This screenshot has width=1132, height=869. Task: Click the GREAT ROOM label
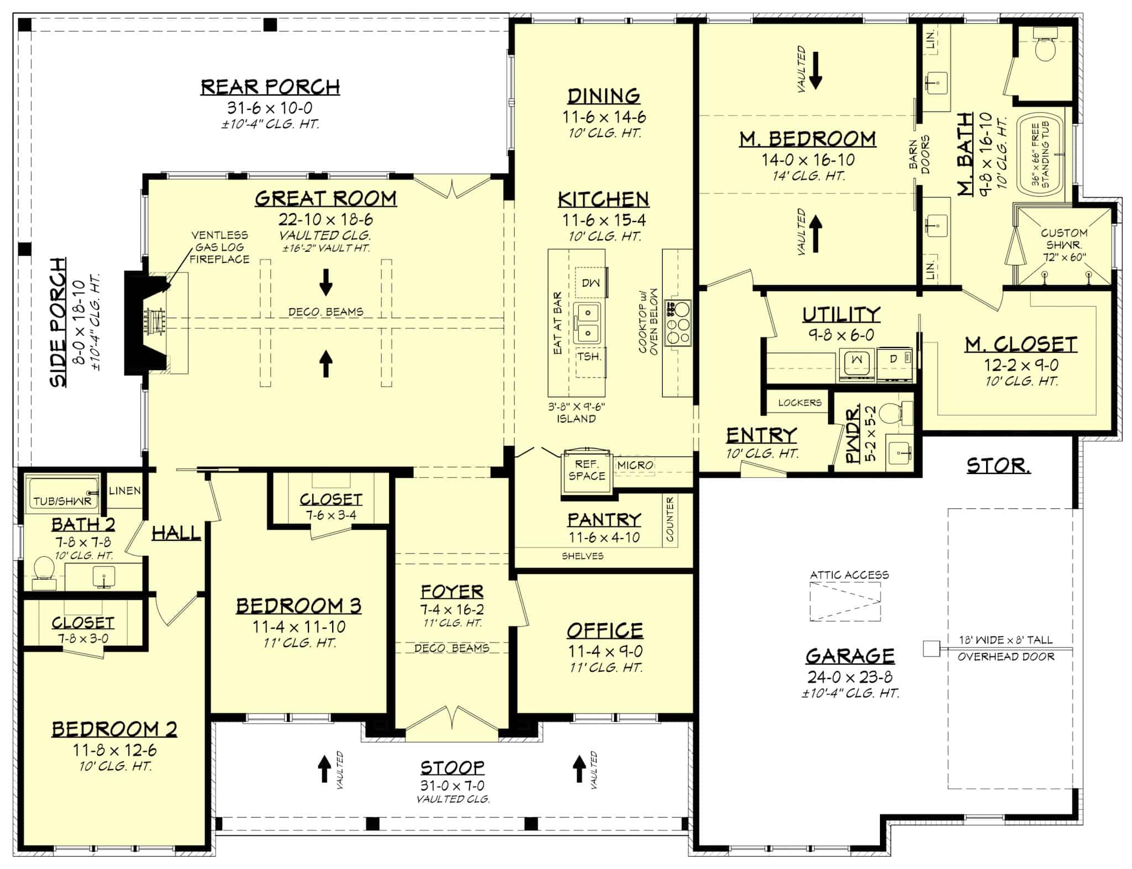[326, 198]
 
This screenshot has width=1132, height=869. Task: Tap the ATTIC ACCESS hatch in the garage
[845, 601]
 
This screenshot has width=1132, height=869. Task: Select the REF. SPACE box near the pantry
[586, 470]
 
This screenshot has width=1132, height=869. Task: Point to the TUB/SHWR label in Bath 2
[62, 502]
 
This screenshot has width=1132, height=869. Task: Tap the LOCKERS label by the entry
[799, 403]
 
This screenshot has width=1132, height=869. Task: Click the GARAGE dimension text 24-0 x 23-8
[850, 677]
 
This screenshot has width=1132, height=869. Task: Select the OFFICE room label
[605, 631]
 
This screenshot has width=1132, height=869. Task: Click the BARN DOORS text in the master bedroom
[920, 155]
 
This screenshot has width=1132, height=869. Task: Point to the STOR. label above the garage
[998, 466]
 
